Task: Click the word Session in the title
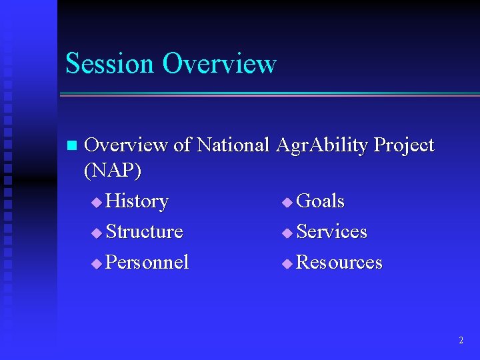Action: (x=109, y=63)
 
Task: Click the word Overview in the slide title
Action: (x=220, y=63)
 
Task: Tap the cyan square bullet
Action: (x=72, y=145)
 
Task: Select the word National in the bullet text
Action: (x=233, y=144)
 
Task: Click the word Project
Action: (x=404, y=145)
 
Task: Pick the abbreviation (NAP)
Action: (x=113, y=171)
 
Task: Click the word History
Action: (x=137, y=201)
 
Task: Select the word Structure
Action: (x=144, y=231)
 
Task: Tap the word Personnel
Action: (x=147, y=262)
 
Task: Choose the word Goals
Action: (x=320, y=201)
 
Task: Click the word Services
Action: (x=331, y=231)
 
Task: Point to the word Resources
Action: (x=339, y=262)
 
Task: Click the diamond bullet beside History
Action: (x=97, y=203)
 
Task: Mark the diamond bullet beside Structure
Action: (x=97, y=233)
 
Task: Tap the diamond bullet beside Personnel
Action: (x=97, y=263)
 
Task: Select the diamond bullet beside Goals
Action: (x=287, y=203)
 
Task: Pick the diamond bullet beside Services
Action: (x=287, y=233)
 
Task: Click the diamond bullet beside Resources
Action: (x=287, y=263)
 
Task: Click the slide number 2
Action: (x=461, y=340)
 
